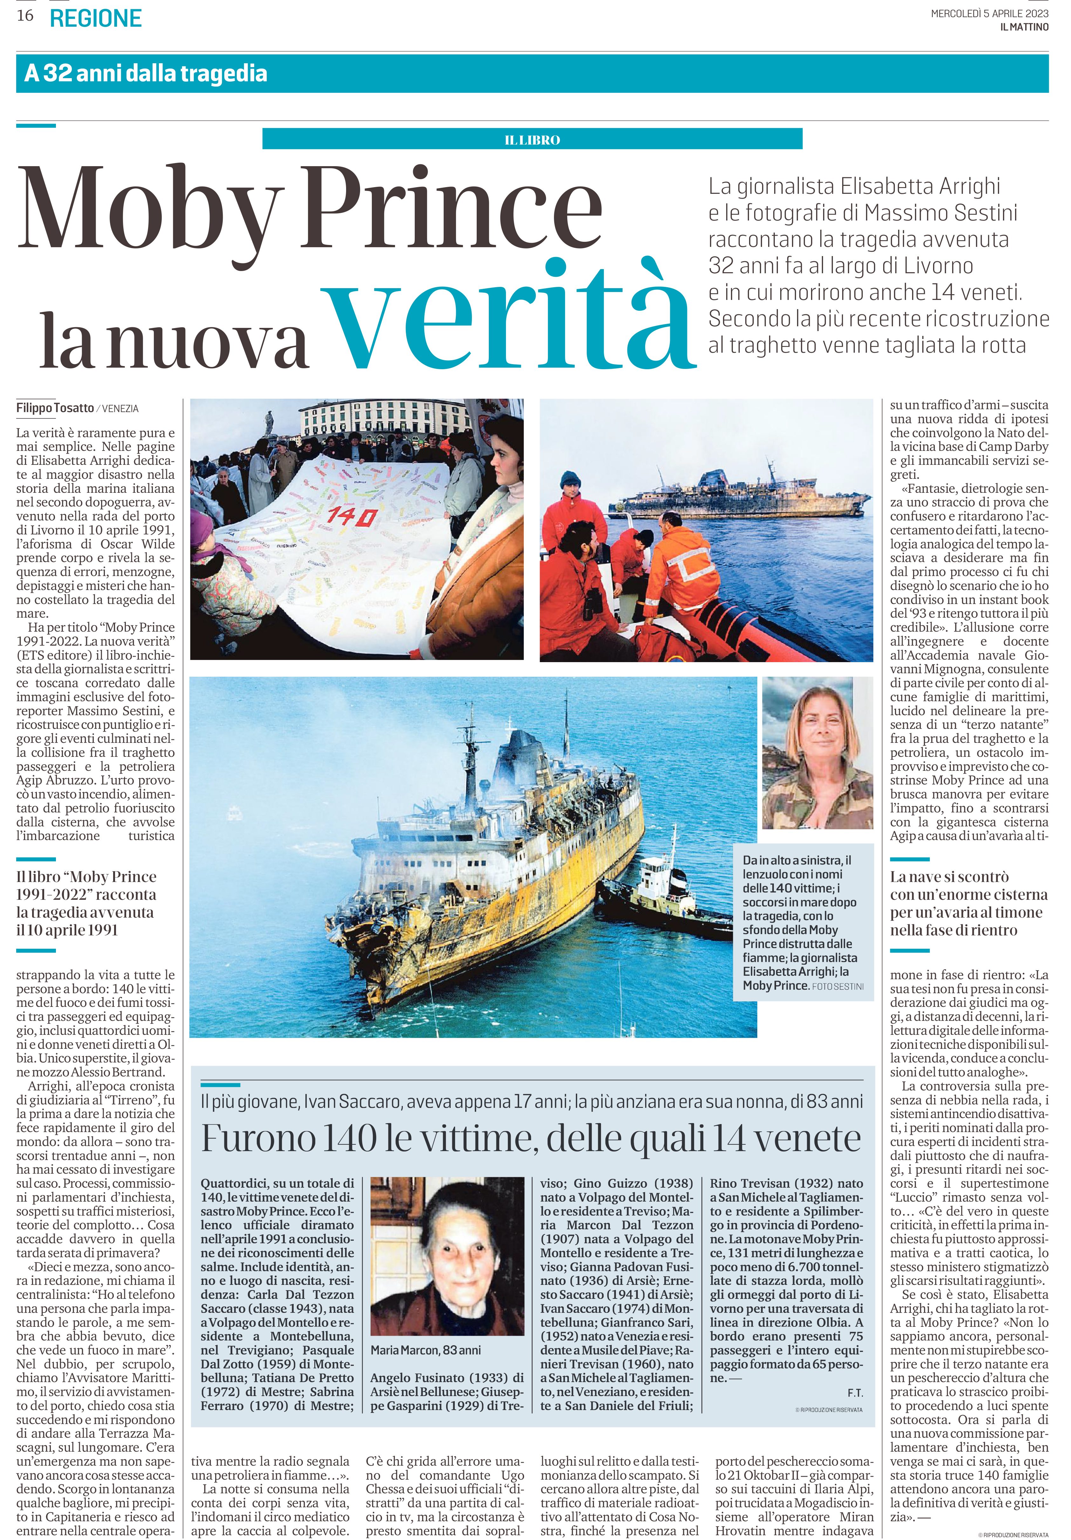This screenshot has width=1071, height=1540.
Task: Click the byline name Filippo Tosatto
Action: tap(55, 408)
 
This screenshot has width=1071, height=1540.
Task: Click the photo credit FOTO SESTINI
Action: tap(837, 987)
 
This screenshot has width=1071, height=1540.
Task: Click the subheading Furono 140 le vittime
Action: tap(531, 1139)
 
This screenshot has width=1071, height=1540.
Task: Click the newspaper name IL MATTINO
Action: tap(1023, 27)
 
